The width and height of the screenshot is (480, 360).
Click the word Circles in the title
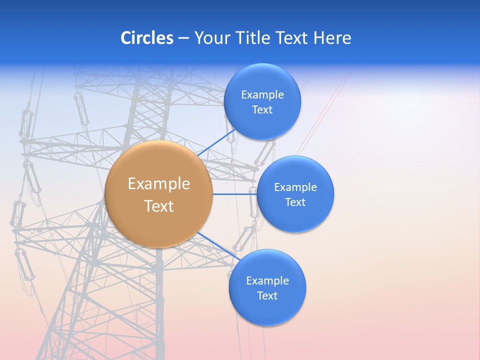click(x=146, y=38)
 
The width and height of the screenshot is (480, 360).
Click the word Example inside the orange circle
click(x=159, y=184)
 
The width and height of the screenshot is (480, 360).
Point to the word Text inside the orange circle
click(x=159, y=206)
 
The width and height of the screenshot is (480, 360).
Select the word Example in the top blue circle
click(x=262, y=94)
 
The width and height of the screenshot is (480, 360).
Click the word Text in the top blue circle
click(x=262, y=110)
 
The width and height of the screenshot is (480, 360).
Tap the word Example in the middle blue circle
click(x=295, y=187)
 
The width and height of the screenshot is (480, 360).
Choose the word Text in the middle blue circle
click(x=295, y=202)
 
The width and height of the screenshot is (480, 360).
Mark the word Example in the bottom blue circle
click(x=267, y=280)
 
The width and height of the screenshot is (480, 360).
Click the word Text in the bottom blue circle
click(x=267, y=296)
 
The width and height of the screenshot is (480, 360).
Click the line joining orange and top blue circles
click(x=216, y=142)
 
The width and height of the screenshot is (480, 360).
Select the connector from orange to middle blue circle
click(x=234, y=194)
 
